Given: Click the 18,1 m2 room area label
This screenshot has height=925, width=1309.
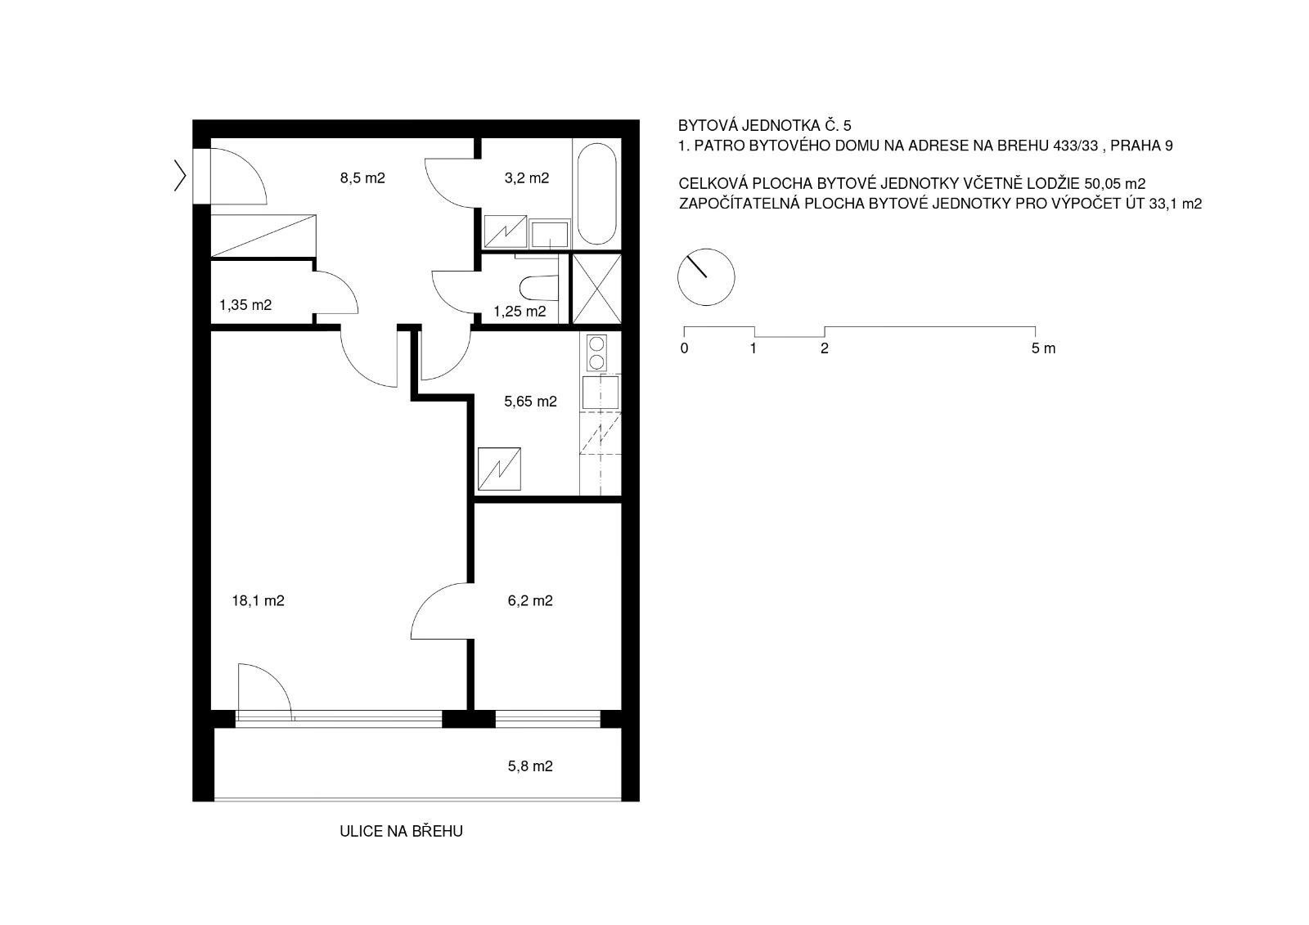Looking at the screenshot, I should tap(259, 601).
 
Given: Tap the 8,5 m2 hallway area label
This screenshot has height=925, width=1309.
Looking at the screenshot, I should tap(362, 177).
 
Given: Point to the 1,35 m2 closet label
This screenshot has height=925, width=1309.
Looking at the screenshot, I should tap(245, 305).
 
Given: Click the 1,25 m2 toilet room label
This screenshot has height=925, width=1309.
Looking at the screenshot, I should tap(520, 312).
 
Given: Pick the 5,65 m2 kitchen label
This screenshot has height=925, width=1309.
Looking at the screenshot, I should tap(530, 402).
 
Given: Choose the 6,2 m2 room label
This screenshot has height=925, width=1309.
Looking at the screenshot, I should tap(530, 601).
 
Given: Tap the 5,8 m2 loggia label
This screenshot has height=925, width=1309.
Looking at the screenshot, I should tap(530, 766).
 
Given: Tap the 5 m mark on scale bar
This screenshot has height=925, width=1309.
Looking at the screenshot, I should tap(1043, 349).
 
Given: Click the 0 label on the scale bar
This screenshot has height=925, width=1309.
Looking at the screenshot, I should tap(684, 349).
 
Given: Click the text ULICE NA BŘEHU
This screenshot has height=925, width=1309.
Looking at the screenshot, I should tap(401, 832).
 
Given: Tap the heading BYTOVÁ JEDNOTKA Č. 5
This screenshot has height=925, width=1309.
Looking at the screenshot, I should tap(764, 126).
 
